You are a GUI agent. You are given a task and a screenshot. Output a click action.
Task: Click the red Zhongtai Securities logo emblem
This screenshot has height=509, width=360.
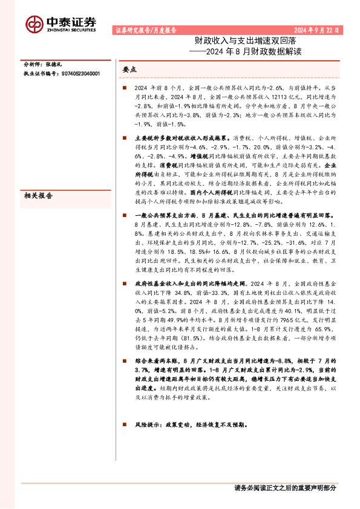[34, 23]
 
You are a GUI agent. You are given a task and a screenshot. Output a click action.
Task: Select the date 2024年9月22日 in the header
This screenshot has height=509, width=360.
[317, 29]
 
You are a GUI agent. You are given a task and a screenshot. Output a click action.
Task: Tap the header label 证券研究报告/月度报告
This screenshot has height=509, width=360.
[145, 29]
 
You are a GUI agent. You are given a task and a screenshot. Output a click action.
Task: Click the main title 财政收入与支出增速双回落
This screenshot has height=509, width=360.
[224, 42]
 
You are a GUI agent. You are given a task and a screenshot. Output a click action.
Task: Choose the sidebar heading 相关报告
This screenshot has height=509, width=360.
[37, 196]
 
